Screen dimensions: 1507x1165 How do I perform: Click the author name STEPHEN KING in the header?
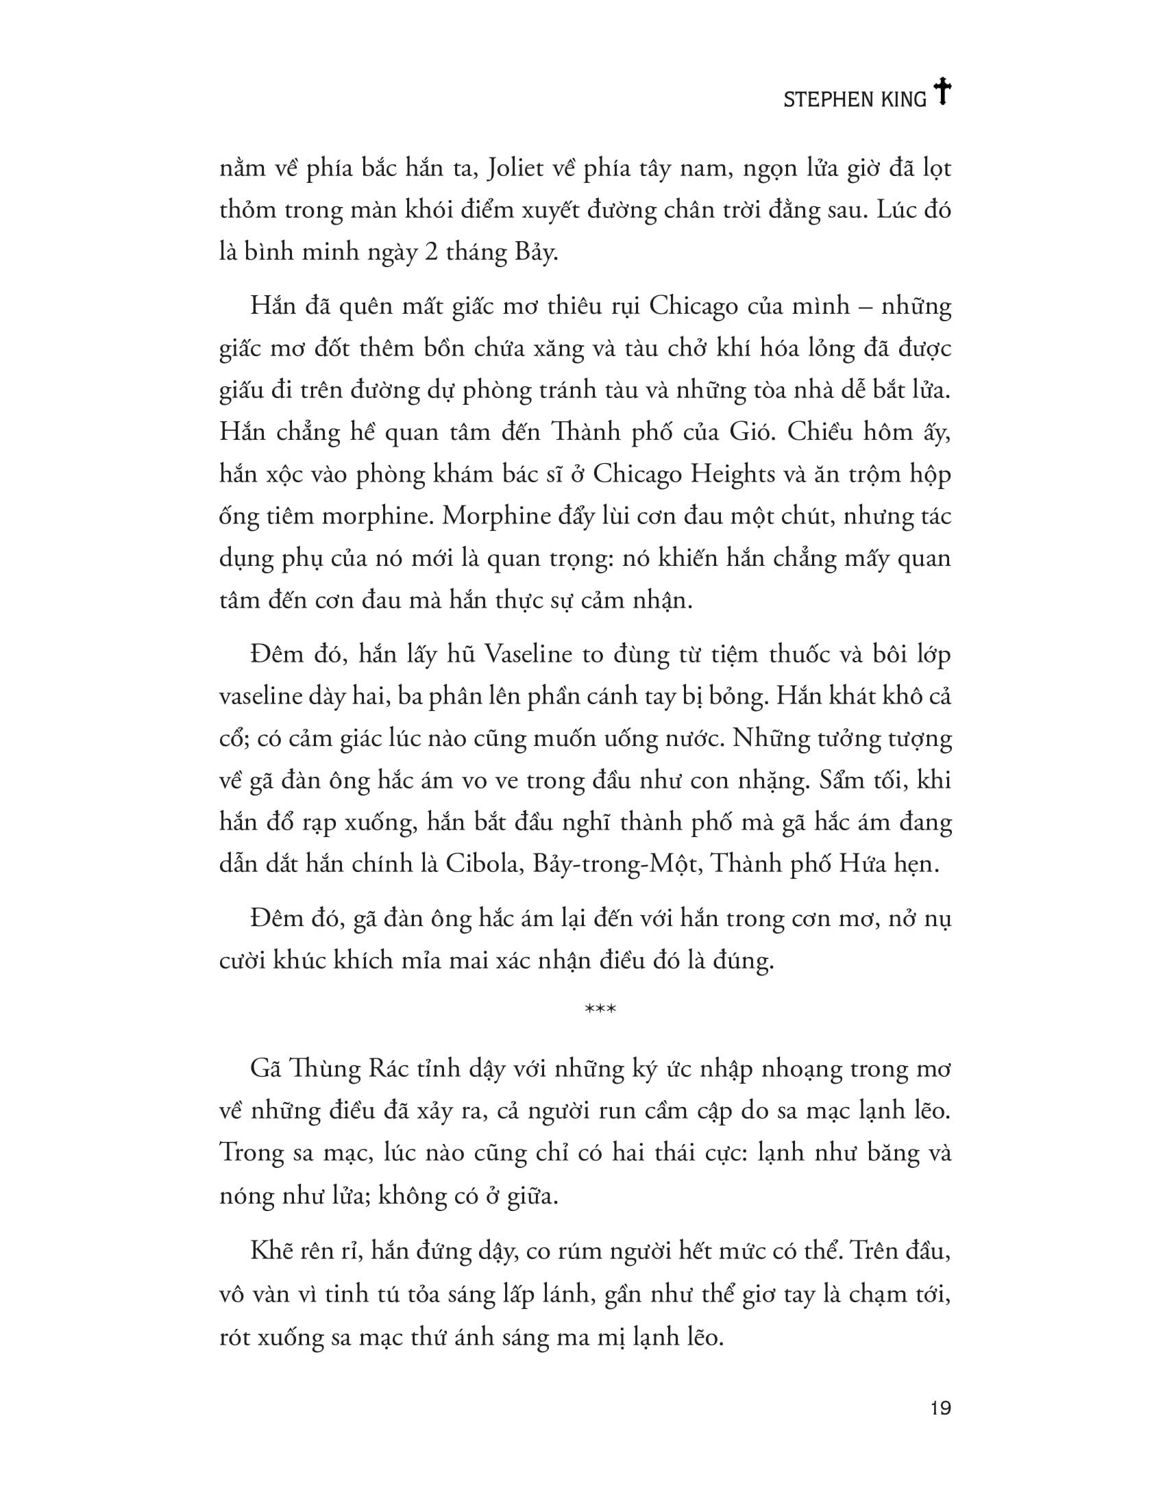pos(855,100)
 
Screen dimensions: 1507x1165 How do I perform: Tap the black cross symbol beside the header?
pos(942,92)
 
